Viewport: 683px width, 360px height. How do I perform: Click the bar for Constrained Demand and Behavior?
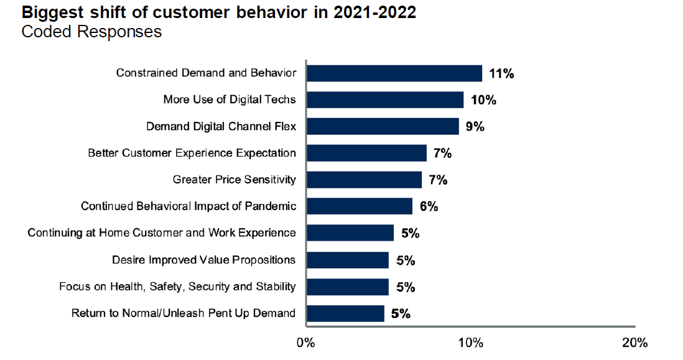(x=394, y=73)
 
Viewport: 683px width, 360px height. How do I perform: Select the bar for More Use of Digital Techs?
(x=385, y=100)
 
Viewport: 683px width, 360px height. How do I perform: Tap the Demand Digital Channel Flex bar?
(x=383, y=127)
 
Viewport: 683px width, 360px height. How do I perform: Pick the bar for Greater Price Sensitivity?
(x=364, y=180)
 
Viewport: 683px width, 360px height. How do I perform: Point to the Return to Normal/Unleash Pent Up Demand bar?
(x=345, y=313)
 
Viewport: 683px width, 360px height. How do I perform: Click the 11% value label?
(x=501, y=74)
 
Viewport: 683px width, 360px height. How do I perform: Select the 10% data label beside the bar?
(x=483, y=101)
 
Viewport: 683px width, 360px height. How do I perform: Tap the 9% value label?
(x=475, y=127)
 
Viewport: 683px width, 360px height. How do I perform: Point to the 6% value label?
(x=429, y=207)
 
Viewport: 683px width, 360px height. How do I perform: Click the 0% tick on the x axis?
(x=305, y=343)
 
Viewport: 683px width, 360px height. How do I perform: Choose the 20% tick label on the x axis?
(x=634, y=343)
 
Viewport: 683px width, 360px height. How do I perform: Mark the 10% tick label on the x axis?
(x=470, y=343)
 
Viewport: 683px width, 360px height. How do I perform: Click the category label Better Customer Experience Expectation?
(x=192, y=153)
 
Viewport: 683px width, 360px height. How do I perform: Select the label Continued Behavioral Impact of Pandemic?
(x=188, y=206)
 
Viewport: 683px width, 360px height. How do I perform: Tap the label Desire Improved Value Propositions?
(x=203, y=260)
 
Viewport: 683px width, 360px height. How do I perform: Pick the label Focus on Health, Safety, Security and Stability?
(x=177, y=287)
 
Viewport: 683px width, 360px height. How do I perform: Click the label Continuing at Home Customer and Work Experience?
(x=162, y=233)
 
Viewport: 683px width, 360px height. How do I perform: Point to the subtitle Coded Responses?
(x=91, y=32)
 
